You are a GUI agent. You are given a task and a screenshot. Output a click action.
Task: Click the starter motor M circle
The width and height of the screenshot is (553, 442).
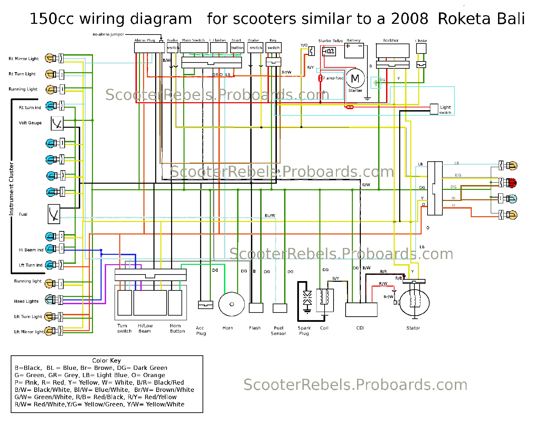[355, 78]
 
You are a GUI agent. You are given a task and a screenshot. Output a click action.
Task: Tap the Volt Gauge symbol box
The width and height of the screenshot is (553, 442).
[57, 123]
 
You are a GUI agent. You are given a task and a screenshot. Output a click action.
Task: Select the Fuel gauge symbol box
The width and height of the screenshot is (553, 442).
[54, 214]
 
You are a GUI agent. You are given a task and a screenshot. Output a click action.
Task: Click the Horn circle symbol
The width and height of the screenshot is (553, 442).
[232, 304]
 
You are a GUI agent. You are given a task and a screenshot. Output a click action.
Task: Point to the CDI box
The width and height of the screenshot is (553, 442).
[361, 310]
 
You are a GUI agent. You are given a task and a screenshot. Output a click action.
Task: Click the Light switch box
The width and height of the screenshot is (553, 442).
[434, 109]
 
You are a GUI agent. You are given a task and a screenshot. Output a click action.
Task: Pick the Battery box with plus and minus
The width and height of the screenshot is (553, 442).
[354, 51]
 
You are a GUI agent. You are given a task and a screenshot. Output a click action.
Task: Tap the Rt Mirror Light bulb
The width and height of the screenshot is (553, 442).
[49, 58]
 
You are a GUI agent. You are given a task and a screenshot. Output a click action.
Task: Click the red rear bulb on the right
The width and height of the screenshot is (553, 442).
[512, 183]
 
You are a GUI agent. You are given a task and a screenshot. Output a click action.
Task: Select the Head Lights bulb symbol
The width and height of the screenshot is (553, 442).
[49, 299]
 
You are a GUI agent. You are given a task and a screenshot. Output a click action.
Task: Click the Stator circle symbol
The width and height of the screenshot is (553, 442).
[414, 303]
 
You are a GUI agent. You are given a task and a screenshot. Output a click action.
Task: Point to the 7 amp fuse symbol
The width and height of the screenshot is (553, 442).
[320, 78]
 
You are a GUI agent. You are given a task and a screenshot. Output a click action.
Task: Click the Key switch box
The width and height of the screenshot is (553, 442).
[273, 48]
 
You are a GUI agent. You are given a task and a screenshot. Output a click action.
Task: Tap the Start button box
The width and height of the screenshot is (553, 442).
[237, 48]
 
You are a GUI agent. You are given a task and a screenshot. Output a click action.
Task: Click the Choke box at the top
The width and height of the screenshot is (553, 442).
[421, 48]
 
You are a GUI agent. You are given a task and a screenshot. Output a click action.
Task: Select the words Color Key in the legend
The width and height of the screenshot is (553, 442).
[106, 361]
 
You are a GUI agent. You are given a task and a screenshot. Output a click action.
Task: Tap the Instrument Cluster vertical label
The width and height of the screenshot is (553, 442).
[11, 189]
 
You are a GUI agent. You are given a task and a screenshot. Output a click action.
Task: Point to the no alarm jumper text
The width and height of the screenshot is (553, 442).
[108, 34]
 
